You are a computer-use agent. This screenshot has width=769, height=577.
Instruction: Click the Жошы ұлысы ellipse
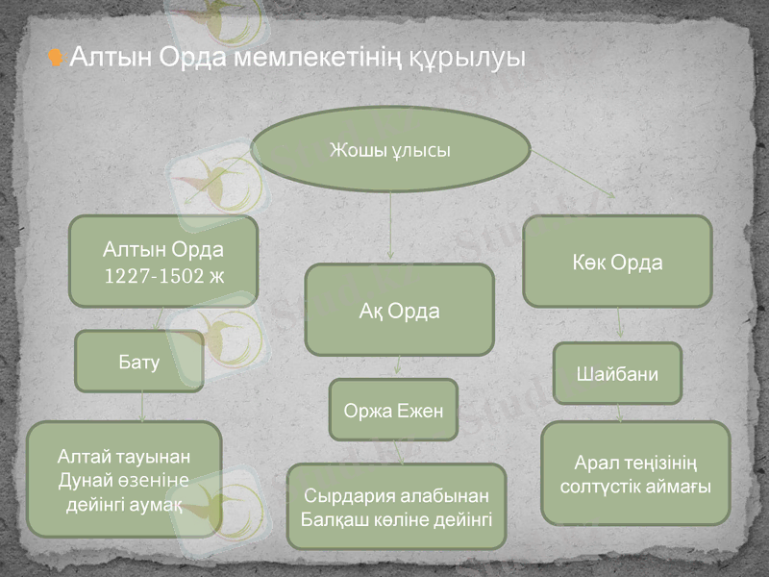[390, 150]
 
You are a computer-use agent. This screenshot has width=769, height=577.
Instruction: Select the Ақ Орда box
[399, 311]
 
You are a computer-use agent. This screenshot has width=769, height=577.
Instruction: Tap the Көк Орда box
[617, 262]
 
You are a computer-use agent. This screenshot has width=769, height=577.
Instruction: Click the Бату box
[139, 362]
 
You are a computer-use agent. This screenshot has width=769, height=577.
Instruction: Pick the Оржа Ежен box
[393, 411]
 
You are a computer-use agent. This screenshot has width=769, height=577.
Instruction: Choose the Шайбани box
[617, 374]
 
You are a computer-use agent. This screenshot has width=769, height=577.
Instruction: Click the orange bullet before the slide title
[56, 60]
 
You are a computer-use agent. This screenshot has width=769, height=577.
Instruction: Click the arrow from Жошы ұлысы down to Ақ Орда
[390, 226]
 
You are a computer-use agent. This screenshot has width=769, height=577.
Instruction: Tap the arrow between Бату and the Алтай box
[142, 407]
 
